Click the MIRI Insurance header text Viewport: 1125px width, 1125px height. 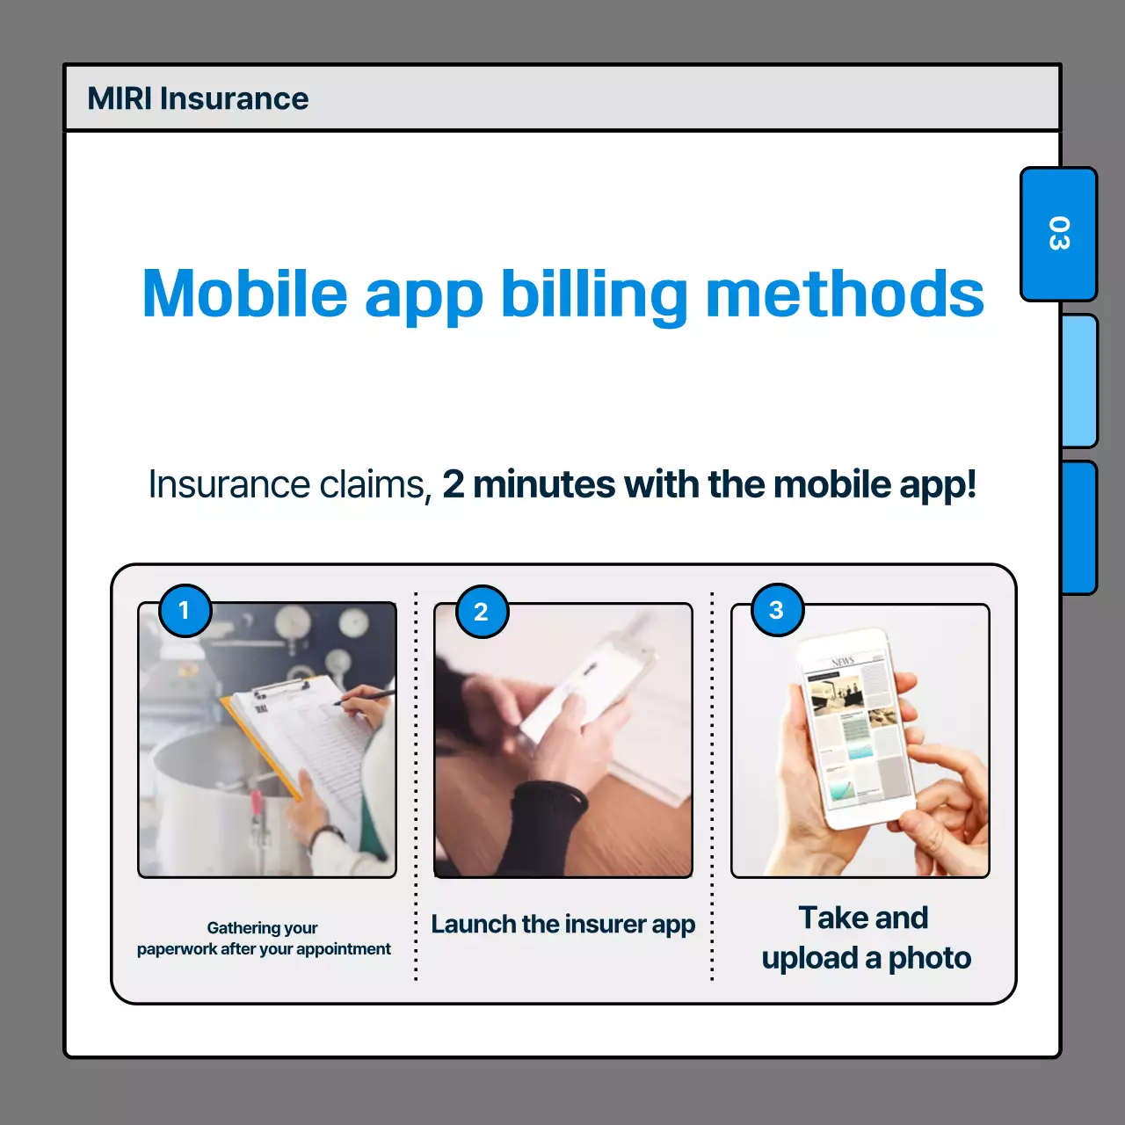click(x=198, y=98)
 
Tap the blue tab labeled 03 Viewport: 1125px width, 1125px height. click(x=1058, y=234)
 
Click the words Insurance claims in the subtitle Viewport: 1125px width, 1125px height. click(x=289, y=484)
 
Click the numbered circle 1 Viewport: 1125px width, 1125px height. click(x=185, y=610)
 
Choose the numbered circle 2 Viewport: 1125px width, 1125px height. click(x=482, y=612)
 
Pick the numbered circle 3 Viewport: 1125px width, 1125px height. click(x=777, y=610)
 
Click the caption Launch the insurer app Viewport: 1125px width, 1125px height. click(x=562, y=925)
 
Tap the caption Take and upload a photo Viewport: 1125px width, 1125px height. click(x=866, y=938)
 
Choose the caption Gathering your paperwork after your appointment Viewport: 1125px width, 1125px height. click(x=264, y=939)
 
